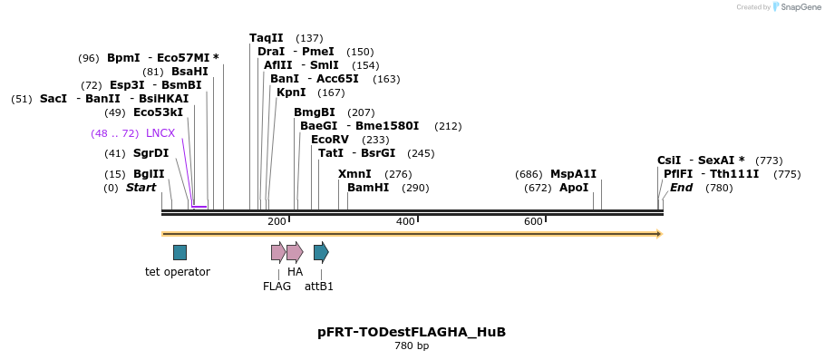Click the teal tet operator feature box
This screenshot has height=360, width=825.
pos(180,252)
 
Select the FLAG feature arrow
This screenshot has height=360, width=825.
pos(277,252)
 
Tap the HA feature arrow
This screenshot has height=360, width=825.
pos(294,252)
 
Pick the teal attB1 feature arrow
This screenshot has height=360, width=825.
pos(321,252)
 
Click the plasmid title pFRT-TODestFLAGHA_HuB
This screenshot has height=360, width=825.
pos(412,332)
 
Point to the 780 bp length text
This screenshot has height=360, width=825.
pos(412,346)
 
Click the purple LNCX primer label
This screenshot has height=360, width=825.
pos(160,133)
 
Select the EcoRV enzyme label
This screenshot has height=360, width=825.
pos(329,140)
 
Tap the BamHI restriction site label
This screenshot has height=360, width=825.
pos(368,188)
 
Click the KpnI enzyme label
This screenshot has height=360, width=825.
pos(291,92)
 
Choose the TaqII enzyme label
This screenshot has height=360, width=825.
pos(267,38)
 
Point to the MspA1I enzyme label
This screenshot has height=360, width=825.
pos(573,174)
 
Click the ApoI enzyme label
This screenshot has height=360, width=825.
pos(574,188)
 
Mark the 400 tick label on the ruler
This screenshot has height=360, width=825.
pos(405,221)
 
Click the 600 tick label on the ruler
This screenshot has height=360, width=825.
pos(533,221)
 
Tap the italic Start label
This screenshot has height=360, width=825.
pos(141,188)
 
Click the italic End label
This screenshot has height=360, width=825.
pos(681,188)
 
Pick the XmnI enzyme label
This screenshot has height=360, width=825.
pos(354,174)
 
